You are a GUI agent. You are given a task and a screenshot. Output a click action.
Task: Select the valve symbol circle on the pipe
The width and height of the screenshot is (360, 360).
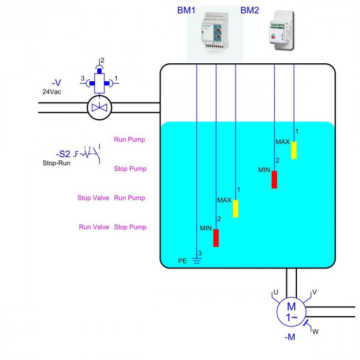pyautogui.click(x=99, y=107)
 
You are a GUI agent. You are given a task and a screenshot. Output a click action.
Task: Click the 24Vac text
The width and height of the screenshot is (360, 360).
pyautogui.click(x=52, y=92)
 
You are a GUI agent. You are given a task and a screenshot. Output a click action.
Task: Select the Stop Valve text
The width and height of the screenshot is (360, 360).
pyautogui.click(x=93, y=198)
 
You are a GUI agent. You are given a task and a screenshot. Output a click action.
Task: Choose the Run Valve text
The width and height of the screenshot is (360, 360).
pyautogui.click(x=94, y=227)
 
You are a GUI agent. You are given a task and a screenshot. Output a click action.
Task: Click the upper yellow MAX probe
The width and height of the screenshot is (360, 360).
pyautogui.click(x=294, y=150)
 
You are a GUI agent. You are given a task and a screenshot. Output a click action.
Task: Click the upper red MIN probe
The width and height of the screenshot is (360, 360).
pyautogui.click(x=274, y=179)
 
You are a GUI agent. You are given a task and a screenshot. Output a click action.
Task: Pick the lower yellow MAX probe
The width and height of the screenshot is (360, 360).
pyautogui.click(x=236, y=208)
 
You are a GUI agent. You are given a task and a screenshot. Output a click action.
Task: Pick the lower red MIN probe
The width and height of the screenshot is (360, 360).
pyautogui.click(x=216, y=238)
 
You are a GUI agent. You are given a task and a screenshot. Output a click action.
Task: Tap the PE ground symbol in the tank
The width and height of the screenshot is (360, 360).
pyautogui.click(x=196, y=260)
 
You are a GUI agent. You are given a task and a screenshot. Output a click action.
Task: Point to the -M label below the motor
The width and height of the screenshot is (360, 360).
pyautogui.click(x=290, y=337)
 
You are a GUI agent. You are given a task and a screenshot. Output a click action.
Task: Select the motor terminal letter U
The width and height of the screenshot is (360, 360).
pyautogui.click(x=276, y=293)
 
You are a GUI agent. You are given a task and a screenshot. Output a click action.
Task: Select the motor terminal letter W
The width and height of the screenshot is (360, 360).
pyautogui.click(x=315, y=332)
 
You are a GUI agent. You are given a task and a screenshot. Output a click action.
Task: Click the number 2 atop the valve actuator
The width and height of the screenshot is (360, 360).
pyautogui.click(x=102, y=60)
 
